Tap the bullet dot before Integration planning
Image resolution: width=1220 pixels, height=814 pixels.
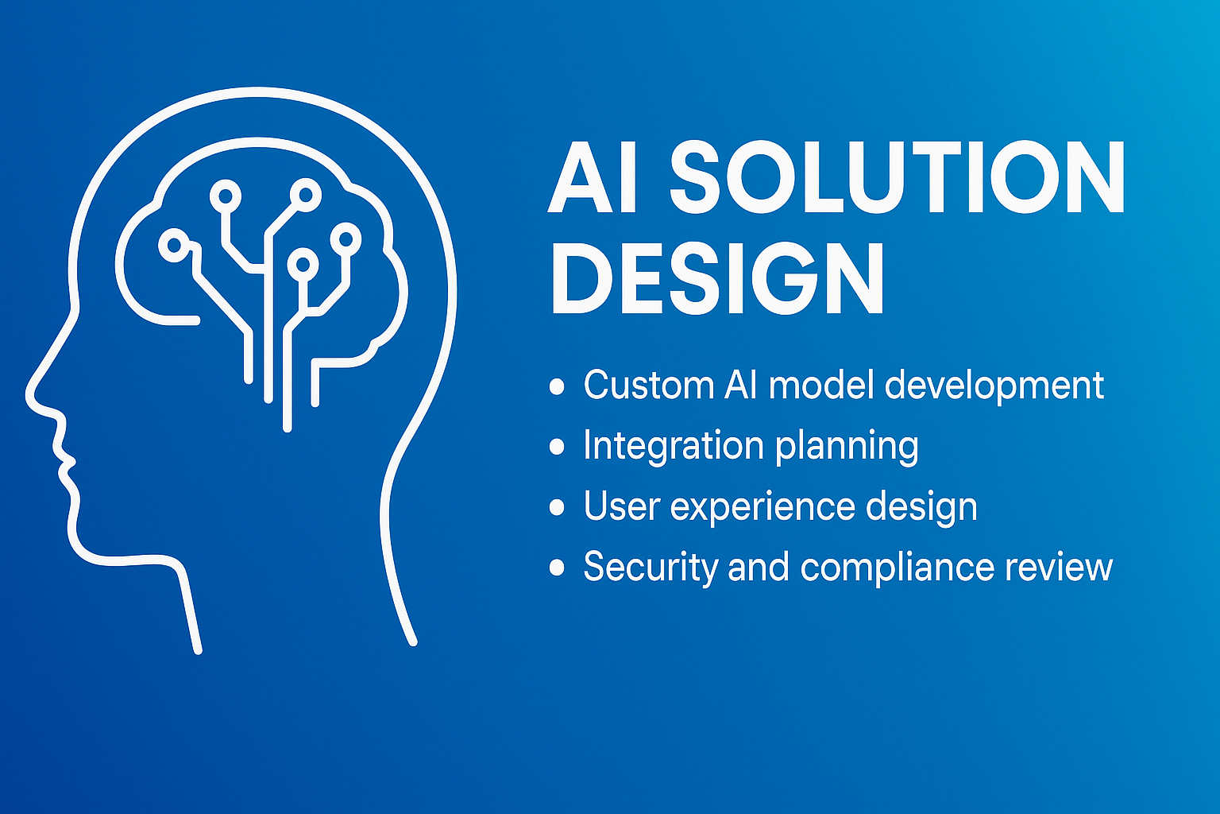tap(557, 447)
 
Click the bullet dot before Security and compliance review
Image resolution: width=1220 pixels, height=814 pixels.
tap(557, 568)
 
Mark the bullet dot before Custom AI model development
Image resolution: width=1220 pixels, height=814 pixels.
tap(557, 386)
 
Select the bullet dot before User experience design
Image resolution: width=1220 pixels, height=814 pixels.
tap(557, 507)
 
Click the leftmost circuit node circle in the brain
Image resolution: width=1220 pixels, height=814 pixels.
tap(173, 246)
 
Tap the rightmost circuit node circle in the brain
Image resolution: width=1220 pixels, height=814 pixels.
tap(346, 237)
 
